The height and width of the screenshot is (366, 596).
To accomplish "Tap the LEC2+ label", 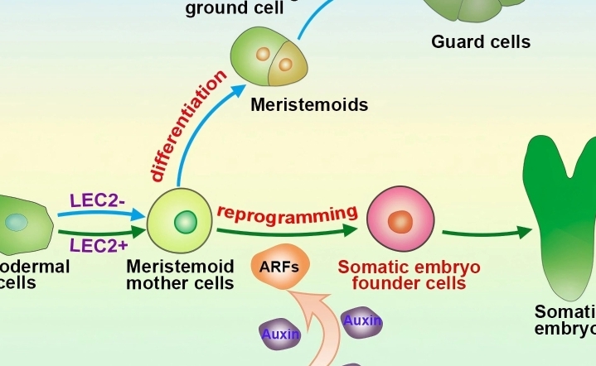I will (97, 244).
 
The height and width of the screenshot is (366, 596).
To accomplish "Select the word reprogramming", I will (287, 211).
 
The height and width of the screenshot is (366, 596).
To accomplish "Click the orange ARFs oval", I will (279, 267).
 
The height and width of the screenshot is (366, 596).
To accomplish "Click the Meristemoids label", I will (309, 105).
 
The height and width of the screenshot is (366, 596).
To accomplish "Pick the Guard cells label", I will (481, 41).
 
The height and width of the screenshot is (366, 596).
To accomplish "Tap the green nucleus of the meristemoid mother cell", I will (185, 222).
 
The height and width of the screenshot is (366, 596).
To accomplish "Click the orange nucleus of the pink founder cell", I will (400, 222).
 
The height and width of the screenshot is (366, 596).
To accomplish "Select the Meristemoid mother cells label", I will (179, 275).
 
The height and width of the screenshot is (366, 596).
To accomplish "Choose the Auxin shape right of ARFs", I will (361, 322).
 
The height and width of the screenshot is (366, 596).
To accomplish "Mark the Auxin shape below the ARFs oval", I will (280, 335).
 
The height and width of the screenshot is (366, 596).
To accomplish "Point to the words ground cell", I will (235, 9).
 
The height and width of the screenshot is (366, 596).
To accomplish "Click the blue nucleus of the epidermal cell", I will (16, 222).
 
